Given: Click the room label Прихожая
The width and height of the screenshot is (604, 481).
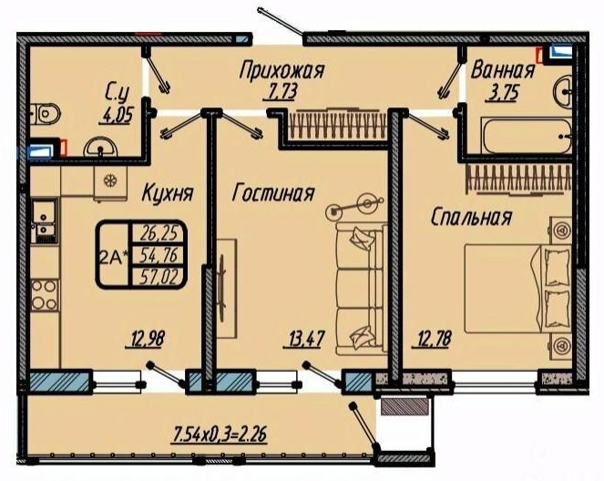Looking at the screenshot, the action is (x=282, y=71).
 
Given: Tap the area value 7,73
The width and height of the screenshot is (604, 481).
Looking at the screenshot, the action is (x=280, y=92).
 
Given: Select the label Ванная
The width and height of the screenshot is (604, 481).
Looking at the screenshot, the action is (x=503, y=70).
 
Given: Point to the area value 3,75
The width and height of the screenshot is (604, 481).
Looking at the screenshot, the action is (x=502, y=93).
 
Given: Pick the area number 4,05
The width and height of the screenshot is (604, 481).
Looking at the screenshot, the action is (x=117, y=115).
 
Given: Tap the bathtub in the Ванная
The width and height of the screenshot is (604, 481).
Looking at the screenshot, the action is (x=525, y=136).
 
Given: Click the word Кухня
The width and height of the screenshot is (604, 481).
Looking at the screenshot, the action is (x=168, y=192).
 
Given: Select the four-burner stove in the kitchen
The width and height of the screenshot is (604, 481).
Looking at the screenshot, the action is (x=45, y=295).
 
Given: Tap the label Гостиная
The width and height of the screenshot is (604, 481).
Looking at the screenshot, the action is (x=273, y=192).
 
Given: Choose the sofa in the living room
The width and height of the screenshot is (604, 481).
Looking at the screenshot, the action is (x=361, y=288).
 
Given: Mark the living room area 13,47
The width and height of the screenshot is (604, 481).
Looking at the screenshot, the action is (x=304, y=339).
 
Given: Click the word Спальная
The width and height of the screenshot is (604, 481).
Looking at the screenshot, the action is (x=472, y=217).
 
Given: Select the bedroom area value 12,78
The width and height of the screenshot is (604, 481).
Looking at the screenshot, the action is (x=433, y=339).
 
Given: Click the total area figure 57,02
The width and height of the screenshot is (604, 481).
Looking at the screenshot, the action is (x=159, y=277).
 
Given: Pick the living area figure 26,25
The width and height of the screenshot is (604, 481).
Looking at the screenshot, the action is (x=159, y=232).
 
